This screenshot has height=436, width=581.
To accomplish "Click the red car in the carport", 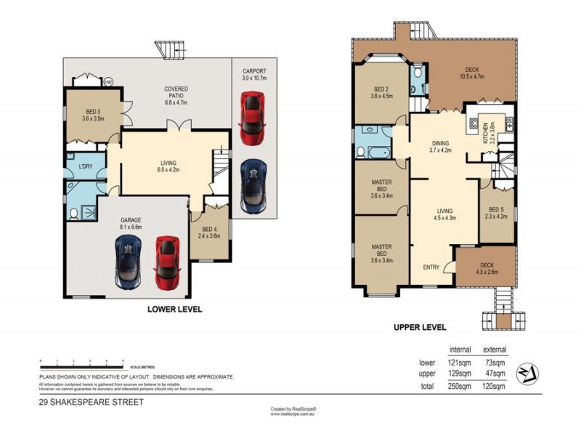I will point(251,116).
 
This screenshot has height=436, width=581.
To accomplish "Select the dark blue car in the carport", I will point(251,181).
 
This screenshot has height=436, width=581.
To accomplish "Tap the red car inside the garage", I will point(166,262).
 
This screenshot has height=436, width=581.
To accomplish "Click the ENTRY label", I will point(431,267).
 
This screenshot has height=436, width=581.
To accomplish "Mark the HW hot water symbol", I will point(108,81).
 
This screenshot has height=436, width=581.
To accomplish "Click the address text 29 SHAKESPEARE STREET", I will point(92,401).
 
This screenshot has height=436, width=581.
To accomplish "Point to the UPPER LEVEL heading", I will point(419,328).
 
